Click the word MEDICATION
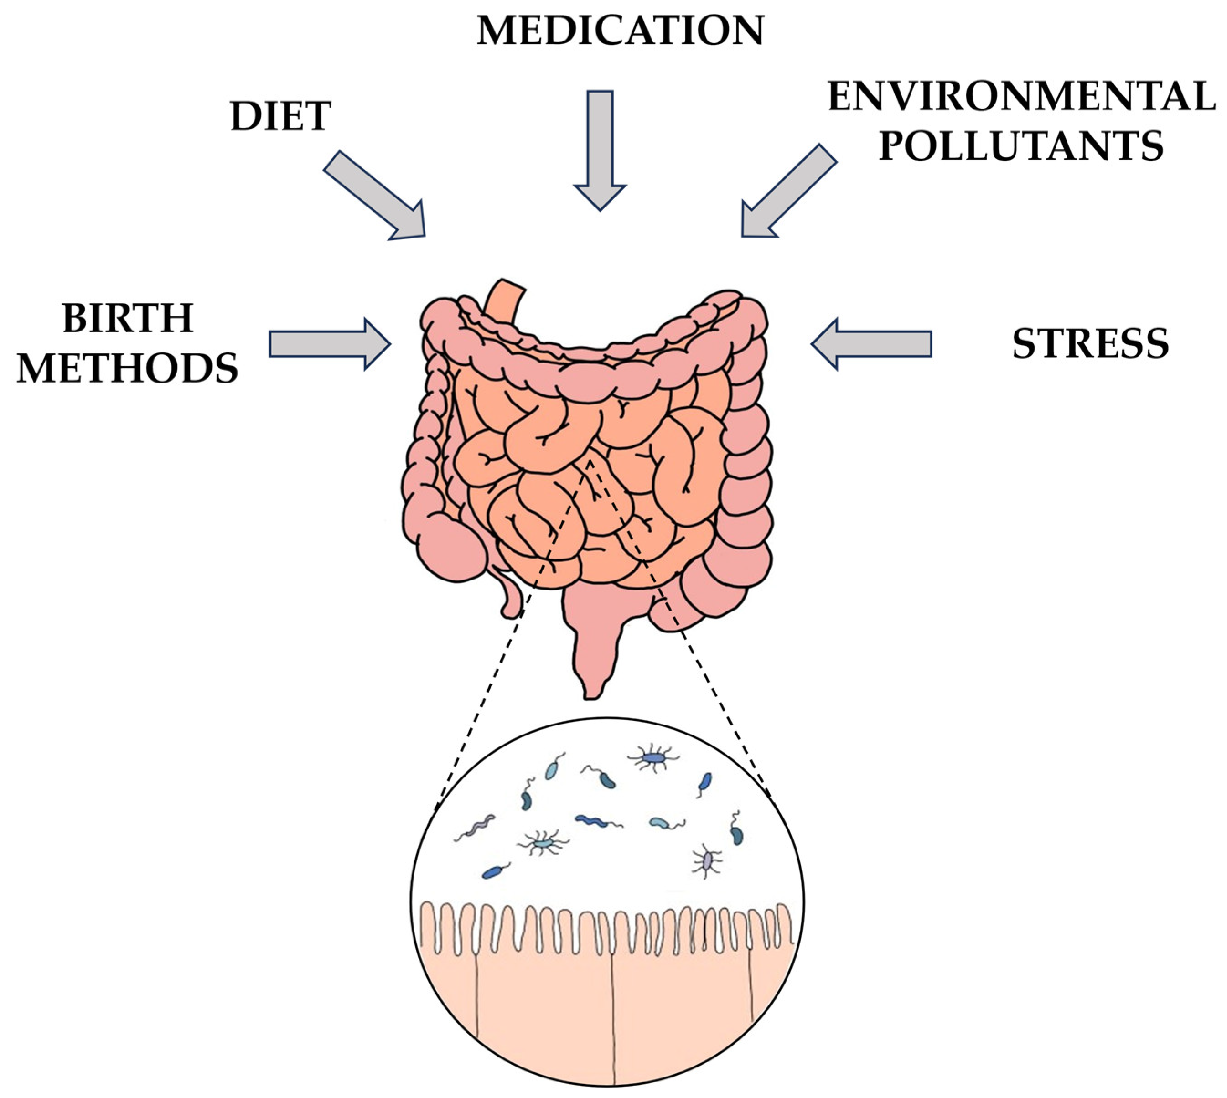[620, 31]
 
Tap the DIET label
[280, 116]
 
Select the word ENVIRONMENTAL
[1022, 97]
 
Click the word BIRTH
[128, 319]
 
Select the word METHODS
[127, 368]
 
